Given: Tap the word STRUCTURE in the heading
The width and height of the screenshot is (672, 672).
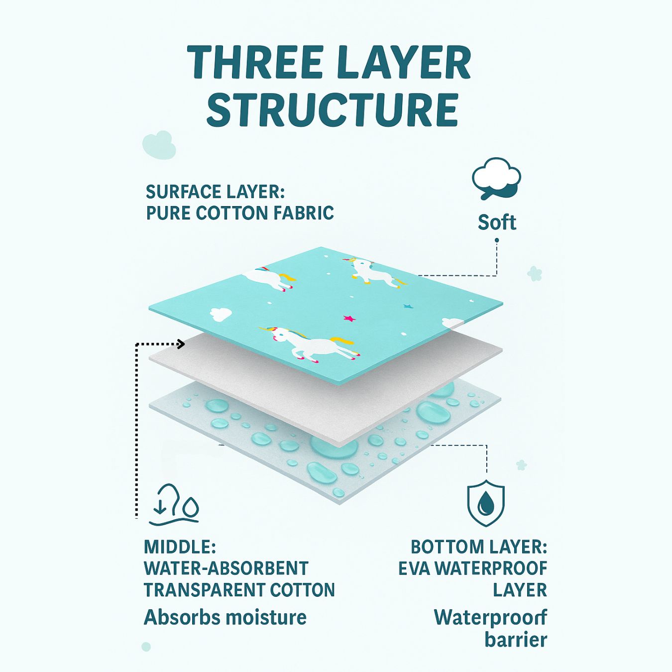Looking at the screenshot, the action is tap(333, 110).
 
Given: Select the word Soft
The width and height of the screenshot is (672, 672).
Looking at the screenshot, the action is tap(497, 222).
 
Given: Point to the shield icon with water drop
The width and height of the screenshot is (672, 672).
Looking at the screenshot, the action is tap(485, 503).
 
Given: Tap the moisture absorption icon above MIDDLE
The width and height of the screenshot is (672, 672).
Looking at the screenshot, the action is tap(174, 504).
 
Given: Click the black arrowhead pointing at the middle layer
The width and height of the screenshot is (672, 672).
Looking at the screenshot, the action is tap(181, 344).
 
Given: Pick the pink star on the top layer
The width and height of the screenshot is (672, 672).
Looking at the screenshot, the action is tap(348, 318).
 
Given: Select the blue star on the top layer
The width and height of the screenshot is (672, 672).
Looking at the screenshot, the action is tap(407, 306).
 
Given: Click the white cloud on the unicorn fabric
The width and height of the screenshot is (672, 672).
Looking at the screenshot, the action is tap(221, 314).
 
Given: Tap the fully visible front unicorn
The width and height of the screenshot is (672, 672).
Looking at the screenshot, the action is tap(309, 343).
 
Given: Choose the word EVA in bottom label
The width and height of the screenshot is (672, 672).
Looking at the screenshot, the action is tap(414, 569).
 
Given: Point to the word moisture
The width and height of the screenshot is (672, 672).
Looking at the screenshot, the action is tap(266, 617).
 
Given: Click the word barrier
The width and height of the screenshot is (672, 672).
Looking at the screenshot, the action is tap(516, 640).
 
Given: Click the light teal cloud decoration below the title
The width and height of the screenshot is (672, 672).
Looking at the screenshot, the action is tap(159, 145).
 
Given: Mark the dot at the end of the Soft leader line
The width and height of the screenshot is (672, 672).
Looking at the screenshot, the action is tap(497, 240).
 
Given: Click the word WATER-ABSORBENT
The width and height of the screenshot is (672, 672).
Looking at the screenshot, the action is tap(226, 568).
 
